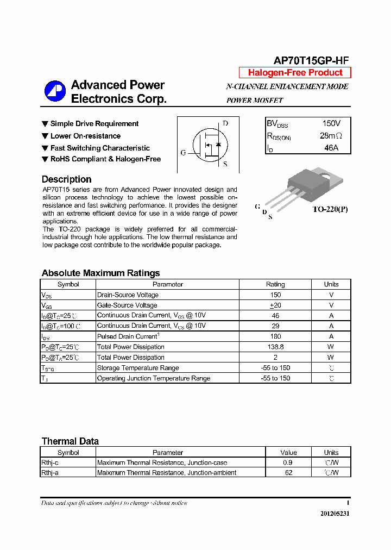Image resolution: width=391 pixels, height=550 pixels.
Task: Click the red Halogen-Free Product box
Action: pyautogui.click(x=295, y=73)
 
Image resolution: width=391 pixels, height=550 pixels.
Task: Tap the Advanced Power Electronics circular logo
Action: pyautogui.click(x=55, y=91)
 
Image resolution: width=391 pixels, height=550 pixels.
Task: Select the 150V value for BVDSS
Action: pyautogui.click(x=331, y=124)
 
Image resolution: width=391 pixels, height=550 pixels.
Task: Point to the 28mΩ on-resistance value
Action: pyautogui.click(x=331, y=136)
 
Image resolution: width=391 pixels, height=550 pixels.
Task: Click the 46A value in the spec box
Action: pyautogui.click(x=331, y=148)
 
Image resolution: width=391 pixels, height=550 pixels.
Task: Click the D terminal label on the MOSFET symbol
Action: pyautogui.click(x=225, y=123)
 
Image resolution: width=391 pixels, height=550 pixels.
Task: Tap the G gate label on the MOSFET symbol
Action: pyautogui.click(x=183, y=153)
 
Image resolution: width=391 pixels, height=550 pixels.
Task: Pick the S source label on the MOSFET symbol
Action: pyautogui.click(x=225, y=164)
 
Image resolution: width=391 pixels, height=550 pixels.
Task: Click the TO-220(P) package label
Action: pyautogui.click(x=330, y=209)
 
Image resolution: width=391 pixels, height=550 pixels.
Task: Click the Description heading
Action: pyautogui.click(x=66, y=179)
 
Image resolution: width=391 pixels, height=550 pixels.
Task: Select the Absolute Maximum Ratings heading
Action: pyautogui.click(x=100, y=273)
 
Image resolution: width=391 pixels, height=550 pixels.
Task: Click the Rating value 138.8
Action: pyautogui.click(x=275, y=347)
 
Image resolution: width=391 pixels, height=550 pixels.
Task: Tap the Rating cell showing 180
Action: pyautogui.click(x=275, y=336)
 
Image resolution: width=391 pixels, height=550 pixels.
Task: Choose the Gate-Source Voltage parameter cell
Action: pyautogui.click(x=127, y=305)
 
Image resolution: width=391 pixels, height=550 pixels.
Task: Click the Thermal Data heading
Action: pyautogui.click(x=70, y=441)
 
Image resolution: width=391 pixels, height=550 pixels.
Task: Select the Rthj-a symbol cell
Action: pyautogui.click(x=50, y=473)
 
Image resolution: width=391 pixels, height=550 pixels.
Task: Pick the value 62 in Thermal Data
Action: pyautogui.click(x=288, y=473)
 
